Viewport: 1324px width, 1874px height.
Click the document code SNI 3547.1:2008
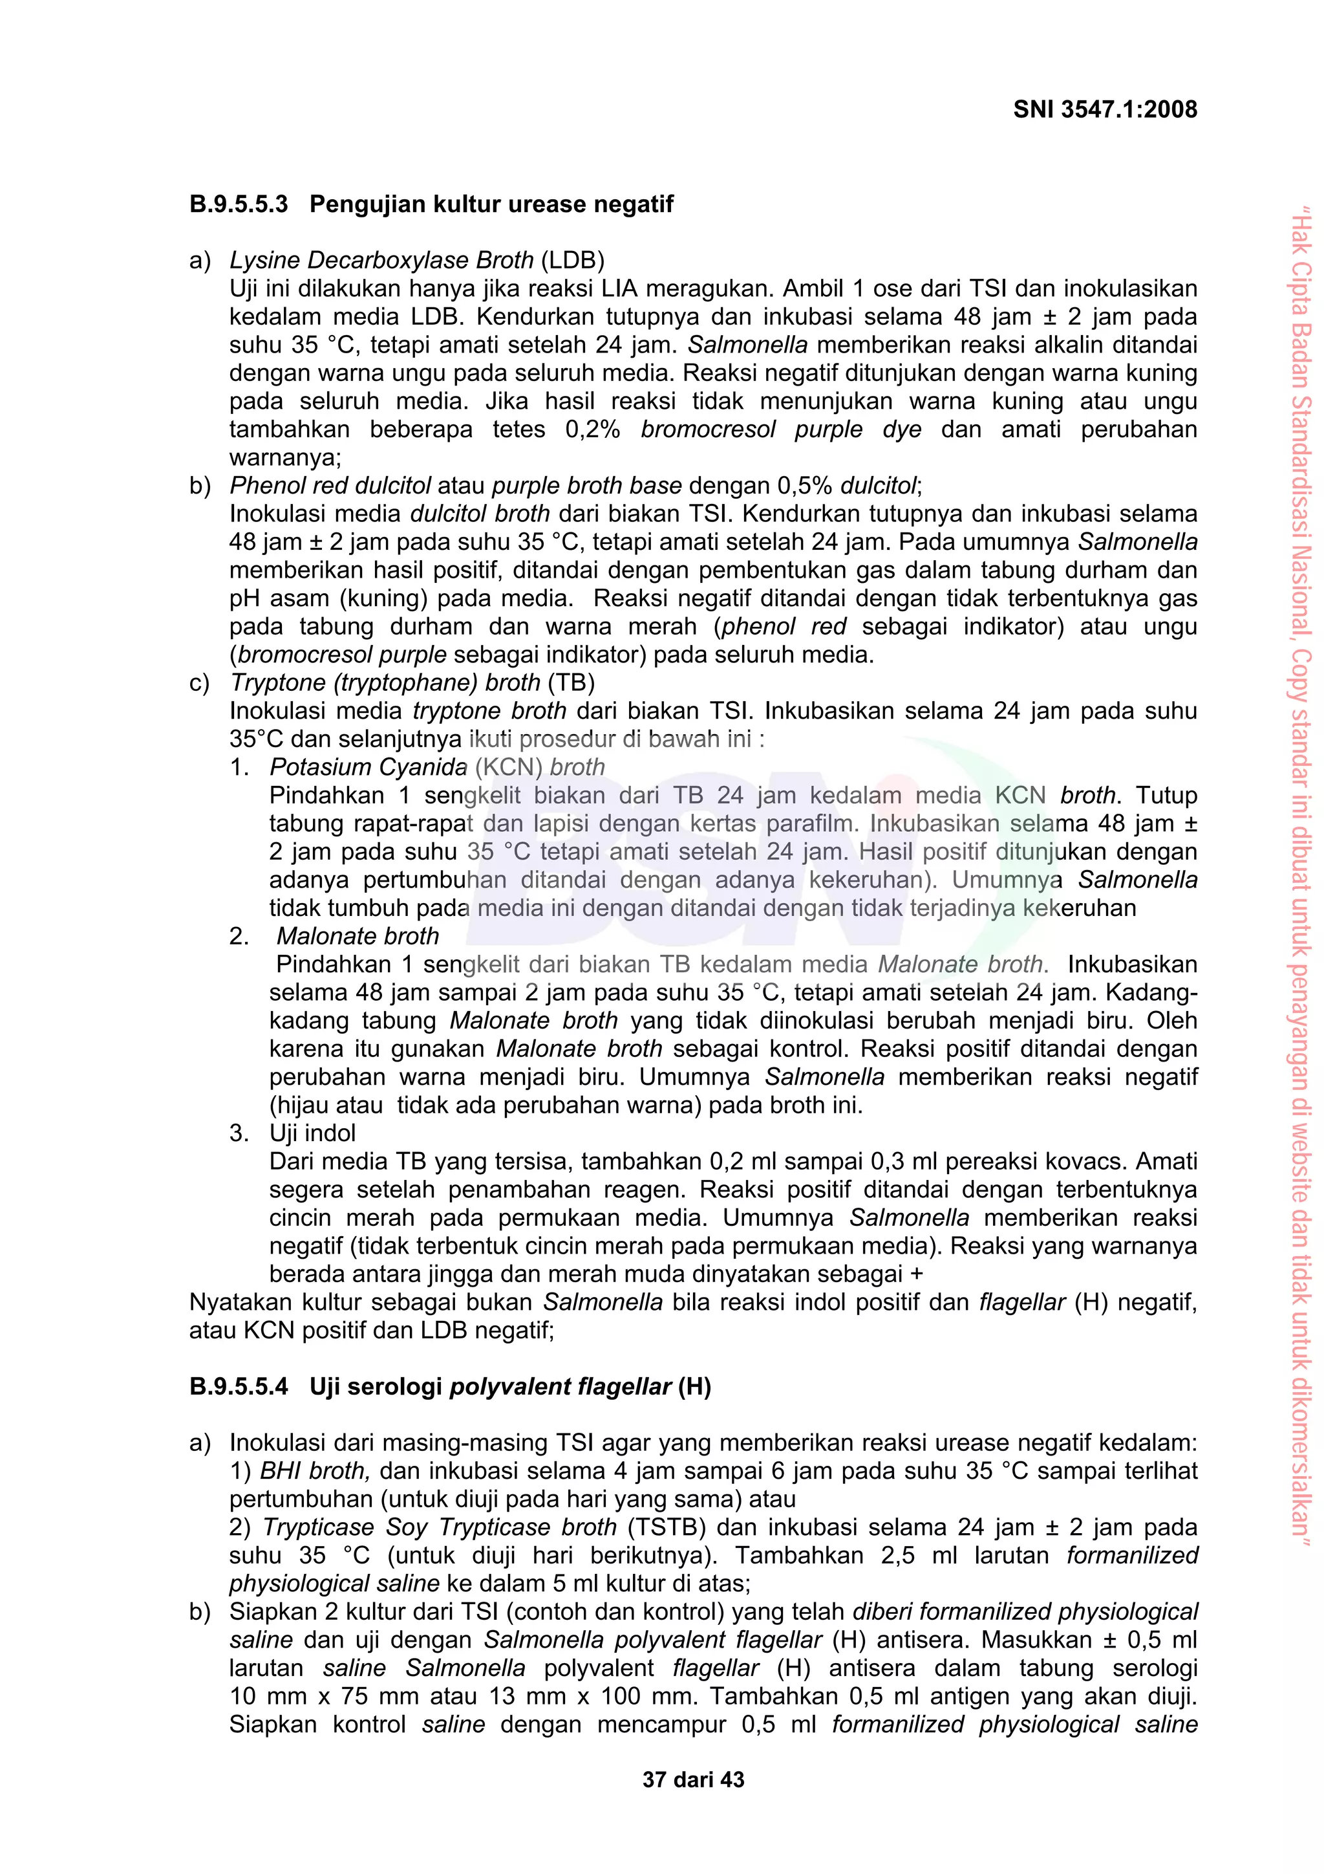[1105, 109]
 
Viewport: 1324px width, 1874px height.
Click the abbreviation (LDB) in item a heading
[572, 261]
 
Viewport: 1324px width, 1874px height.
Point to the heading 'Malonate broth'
[358, 936]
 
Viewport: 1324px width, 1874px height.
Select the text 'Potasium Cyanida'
[368, 767]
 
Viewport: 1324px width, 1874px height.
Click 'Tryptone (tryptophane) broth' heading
[385, 682]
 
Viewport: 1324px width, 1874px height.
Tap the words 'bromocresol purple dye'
[781, 430]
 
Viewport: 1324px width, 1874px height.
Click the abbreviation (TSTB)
[667, 1527]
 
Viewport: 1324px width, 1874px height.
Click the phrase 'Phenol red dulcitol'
[330, 486]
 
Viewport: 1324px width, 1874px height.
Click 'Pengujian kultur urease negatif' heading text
[491, 204]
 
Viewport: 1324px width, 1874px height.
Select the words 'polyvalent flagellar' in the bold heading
[561, 1387]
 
